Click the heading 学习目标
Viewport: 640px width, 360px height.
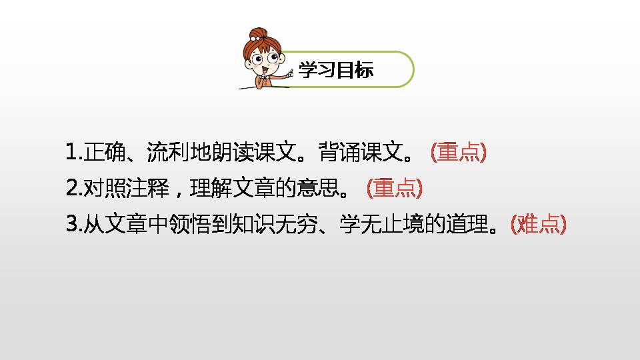click(335, 71)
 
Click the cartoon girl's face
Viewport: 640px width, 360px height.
click(261, 63)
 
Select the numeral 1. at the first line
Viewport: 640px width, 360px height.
click(73, 153)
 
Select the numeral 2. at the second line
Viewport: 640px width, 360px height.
click(73, 189)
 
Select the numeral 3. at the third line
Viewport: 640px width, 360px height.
click(73, 225)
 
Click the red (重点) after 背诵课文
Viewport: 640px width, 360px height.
click(459, 153)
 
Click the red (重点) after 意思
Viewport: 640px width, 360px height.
click(395, 189)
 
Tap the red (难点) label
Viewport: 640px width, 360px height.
click(538, 225)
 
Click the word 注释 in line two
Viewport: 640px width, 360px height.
click(145, 189)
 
